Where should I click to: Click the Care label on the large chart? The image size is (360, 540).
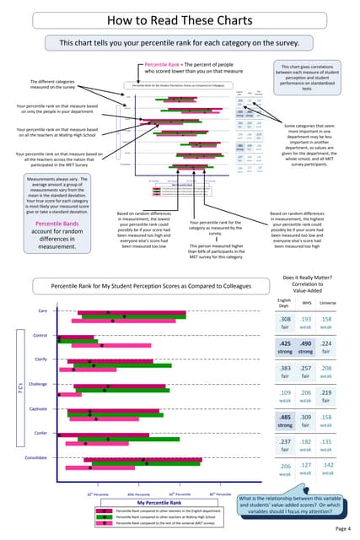point(41,311)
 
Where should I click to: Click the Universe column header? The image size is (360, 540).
point(329,302)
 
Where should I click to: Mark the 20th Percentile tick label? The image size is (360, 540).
point(94,493)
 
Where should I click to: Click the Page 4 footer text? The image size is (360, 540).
point(341,527)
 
